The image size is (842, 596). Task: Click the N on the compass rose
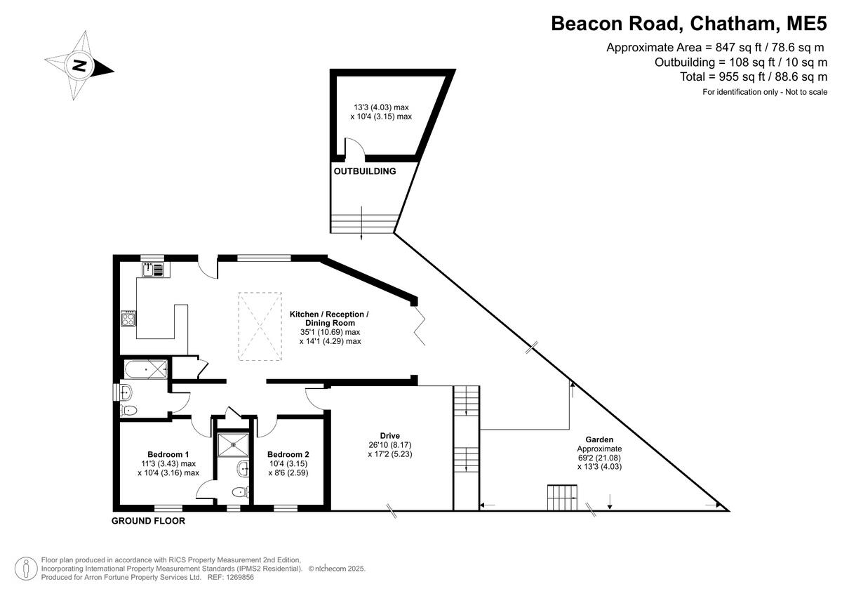point(80,65)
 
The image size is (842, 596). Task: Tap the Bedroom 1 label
point(168,454)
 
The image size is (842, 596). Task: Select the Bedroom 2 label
point(288,454)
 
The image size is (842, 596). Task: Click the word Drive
point(390,436)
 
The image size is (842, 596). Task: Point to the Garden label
point(599,439)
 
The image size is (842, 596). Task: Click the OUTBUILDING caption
point(365,171)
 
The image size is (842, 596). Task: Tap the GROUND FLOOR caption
point(149,521)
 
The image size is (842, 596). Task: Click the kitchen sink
point(153,270)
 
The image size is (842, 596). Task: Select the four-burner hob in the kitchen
point(128,319)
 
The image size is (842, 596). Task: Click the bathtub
point(146,369)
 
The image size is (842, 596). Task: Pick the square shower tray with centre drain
point(234,445)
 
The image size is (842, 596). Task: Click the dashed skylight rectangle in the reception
point(260,326)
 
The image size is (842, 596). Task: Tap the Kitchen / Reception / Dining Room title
point(329,319)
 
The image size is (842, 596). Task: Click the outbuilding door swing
point(355,146)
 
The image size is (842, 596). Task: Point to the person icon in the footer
point(26,569)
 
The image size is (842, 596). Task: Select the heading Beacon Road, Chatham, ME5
point(689,23)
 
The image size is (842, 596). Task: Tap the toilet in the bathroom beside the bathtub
point(128,410)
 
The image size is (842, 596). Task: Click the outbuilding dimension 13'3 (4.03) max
point(381,107)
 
